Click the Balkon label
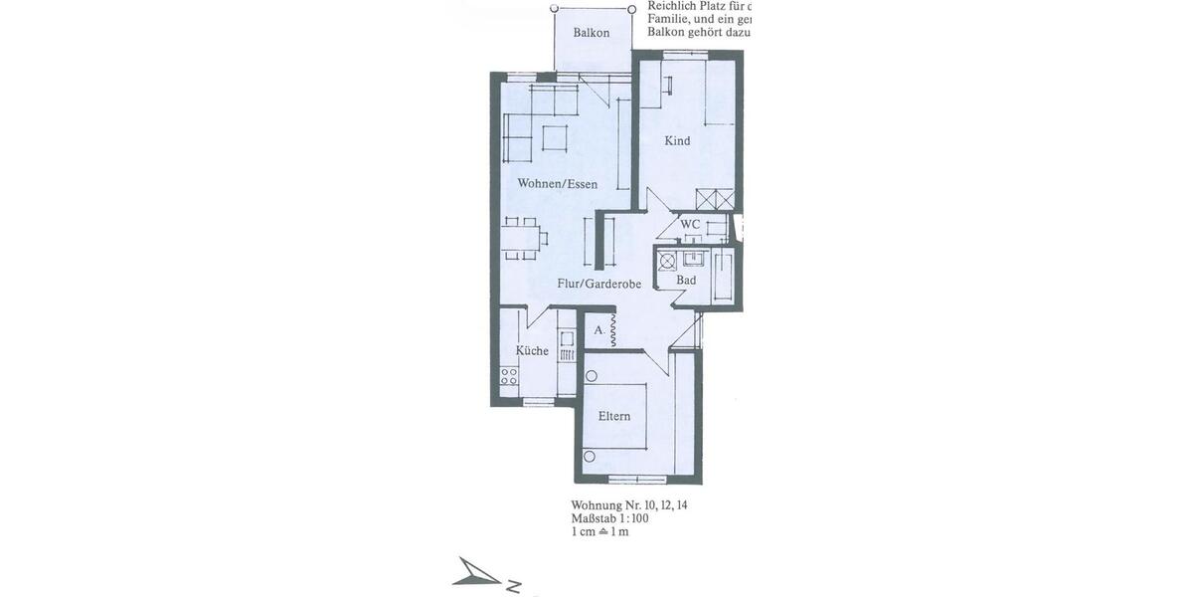(592, 33)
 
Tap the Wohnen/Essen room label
(557, 184)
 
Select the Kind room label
(677, 141)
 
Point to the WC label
(691, 225)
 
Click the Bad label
(686, 281)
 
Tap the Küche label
(532, 351)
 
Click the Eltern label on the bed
(614, 416)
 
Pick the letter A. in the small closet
(598, 329)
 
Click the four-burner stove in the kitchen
(508, 376)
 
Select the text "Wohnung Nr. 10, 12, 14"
(629, 505)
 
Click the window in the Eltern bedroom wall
(637, 480)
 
